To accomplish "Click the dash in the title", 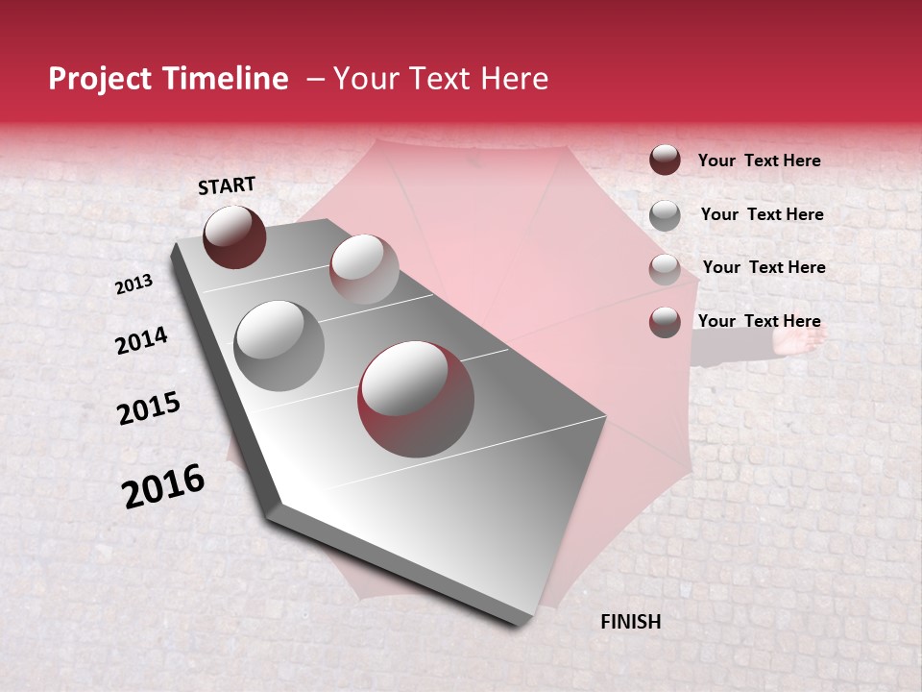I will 314,80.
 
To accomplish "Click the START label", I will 227,185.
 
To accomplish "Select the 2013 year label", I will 133,284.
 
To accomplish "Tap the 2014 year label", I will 142,340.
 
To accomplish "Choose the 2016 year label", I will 163,486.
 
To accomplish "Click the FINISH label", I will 630,622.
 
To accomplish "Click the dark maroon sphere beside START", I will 234,236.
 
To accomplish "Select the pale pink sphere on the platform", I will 364,269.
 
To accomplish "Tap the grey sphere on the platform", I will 279,345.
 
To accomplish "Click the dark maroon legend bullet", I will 665,160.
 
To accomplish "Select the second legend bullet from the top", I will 665,215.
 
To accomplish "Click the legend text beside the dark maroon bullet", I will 759,161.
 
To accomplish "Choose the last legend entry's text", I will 759,321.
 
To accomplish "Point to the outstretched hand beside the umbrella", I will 801,339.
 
